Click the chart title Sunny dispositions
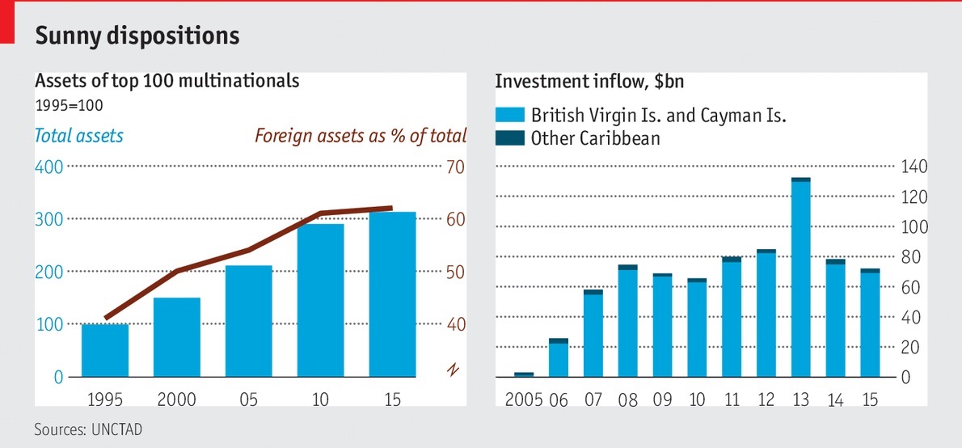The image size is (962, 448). pyautogui.click(x=137, y=36)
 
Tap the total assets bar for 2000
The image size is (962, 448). pyautogui.click(x=177, y=337)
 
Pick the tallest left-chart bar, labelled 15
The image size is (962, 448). pyautogui.click(x=393, y=294)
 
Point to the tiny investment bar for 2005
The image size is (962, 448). pyautogui.click(x=524, y=374)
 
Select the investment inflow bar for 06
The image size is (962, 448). pyautogui.click(x=559, y=357)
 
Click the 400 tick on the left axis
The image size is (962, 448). pyautogui.click(x=48, y=167)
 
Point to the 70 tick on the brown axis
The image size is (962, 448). pyautogui.click(x=454, y=167)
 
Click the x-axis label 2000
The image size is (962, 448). pyautogui.click(x=177, y=399)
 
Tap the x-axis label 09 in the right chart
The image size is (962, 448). pyautogui.click(x=662, y=399)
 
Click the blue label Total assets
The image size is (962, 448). pyautogui.click(x=79, y=135)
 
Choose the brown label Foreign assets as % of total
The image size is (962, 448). pyautogui.click(x=361, y=135)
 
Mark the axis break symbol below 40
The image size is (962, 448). pyautogui.click(x=453, y=370)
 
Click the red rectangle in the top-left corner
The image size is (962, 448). pyautogui.click(x=8, y=22)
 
